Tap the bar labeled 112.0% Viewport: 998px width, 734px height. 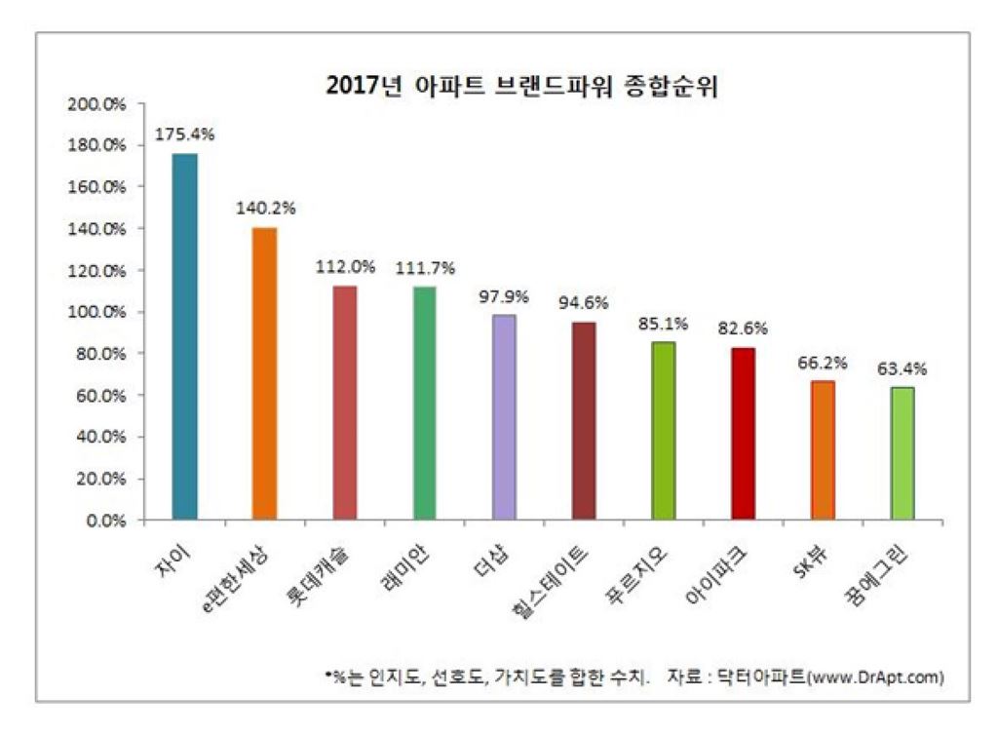click(x=344, y=403)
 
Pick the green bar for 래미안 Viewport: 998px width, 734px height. click(x=424, y=403)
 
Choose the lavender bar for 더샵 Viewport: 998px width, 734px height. click(x=504, y=417)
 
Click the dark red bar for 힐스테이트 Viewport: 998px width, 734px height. click(x=584, y=421)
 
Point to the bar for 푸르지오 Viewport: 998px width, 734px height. click(x=663, y=431)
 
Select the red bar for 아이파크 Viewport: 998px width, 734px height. click(x=743, y=434)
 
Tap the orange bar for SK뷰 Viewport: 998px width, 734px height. click(x=823, y=450)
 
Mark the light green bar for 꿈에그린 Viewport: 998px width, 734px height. click(x=902, y=453)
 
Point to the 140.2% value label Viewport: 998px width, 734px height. click(x=264, y=208)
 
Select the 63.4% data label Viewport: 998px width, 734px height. click(x=902, y=369)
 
